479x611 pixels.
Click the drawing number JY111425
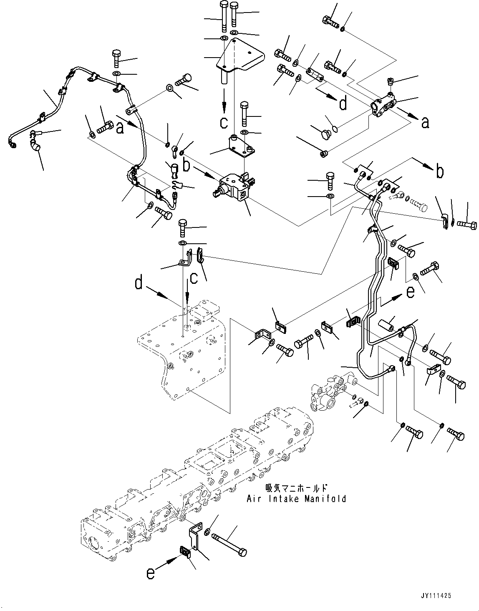pos(433,596)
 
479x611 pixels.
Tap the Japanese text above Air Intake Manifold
pos(296,488)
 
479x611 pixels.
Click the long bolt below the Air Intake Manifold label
pos(229,543)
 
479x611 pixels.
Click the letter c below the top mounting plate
pos(224,122)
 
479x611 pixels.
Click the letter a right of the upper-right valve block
pos(424,123)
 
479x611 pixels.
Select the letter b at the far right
pos(439,171)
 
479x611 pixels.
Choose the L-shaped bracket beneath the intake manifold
pos(194,538)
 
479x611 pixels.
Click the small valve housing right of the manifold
pos(330,391)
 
